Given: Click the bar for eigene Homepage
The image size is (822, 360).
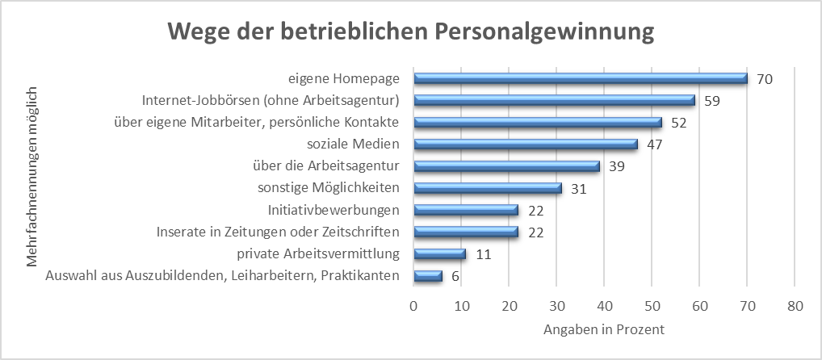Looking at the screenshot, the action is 581,78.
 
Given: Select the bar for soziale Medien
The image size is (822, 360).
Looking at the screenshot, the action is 526,144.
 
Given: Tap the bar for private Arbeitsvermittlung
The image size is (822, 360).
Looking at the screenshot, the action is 440,254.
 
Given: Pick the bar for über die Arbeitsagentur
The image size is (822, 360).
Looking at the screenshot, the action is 506,166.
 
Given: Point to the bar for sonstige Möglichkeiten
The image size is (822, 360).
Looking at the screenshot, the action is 488,188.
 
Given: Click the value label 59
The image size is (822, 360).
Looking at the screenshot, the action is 712,101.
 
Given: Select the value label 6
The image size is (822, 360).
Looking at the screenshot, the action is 455,276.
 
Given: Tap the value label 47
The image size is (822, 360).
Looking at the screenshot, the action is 655,144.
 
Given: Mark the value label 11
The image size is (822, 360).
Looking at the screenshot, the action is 484,254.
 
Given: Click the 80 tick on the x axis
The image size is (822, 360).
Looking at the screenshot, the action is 795,306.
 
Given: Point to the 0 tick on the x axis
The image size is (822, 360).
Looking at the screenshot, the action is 413,306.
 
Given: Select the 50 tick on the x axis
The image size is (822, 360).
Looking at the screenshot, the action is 652,306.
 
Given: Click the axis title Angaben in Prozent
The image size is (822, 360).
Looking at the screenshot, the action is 604,329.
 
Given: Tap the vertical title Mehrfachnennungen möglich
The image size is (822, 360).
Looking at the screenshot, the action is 32,177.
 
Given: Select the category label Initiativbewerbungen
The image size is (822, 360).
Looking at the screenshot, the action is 334,210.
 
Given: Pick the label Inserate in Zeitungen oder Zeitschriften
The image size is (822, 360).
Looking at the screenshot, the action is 278,232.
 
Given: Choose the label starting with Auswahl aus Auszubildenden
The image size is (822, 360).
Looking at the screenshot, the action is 223,275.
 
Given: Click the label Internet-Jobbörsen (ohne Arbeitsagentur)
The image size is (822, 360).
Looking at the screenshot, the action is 271,101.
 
